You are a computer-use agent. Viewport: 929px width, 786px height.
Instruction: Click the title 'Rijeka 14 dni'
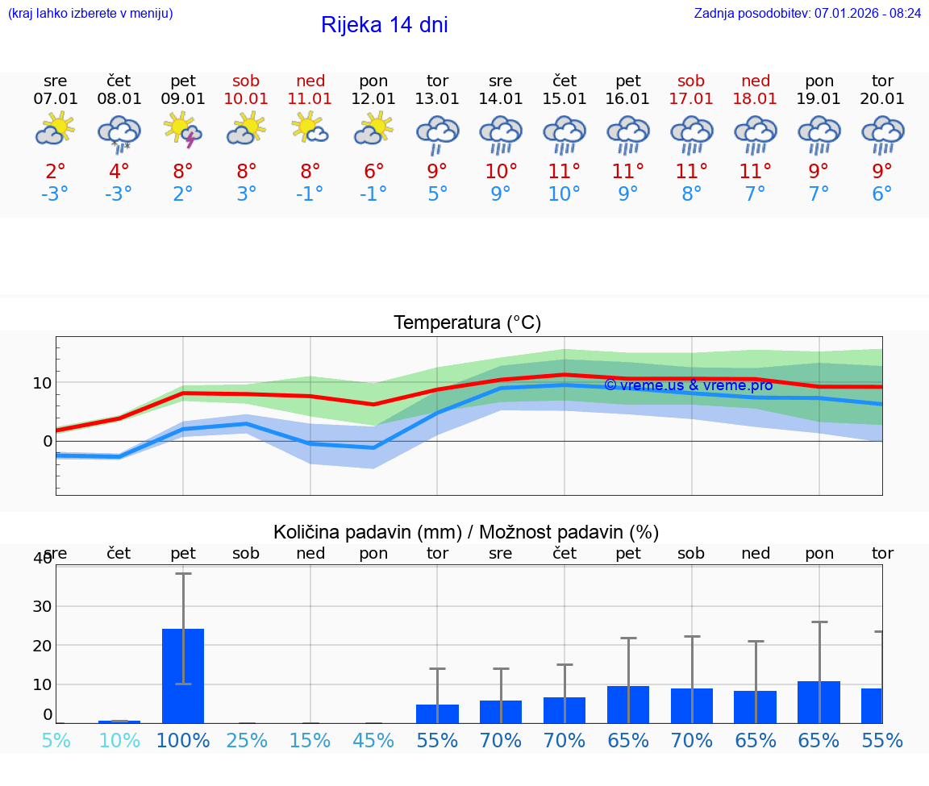point(384,25)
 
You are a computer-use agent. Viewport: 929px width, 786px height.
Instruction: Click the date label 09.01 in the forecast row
point(183,99)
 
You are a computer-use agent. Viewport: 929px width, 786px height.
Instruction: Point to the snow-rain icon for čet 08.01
point(119,133)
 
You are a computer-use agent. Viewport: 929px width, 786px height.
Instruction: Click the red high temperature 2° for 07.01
point(56,171)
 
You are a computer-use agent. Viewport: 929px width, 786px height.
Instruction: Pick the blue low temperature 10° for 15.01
point(564,194)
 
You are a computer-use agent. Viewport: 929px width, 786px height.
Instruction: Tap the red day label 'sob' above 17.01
point(691,81)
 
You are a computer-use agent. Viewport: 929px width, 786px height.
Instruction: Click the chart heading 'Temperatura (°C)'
point(467,323)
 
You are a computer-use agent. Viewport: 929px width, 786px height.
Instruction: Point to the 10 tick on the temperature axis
point(42,382)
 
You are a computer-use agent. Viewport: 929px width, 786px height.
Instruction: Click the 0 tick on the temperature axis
point(48,441)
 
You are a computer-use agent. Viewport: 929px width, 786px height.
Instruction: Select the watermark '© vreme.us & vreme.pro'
point(688,385)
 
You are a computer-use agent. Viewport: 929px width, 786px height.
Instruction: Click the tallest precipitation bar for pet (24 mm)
point(183,676)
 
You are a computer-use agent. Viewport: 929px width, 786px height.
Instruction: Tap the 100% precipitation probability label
point(183,740)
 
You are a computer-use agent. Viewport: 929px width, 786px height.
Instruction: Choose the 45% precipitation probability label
point(373,740)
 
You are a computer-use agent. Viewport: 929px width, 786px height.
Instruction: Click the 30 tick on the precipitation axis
point(42,606)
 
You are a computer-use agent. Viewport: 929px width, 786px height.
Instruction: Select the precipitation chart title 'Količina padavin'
point(466,532)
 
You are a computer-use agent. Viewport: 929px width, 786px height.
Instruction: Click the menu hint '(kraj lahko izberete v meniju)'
point(90,13)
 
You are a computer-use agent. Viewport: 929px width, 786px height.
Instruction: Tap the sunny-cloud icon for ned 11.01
point(310,128)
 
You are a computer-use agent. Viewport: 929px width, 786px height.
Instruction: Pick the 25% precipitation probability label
point(246,740)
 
